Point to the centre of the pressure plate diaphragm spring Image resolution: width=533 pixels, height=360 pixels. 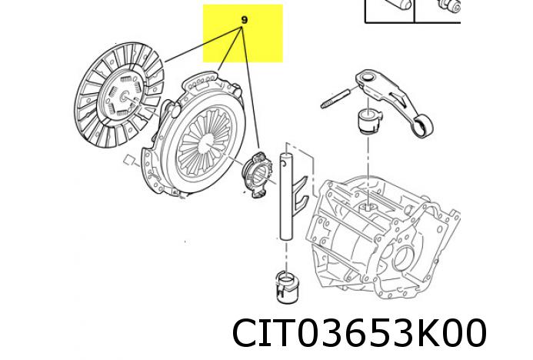point(203,137)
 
